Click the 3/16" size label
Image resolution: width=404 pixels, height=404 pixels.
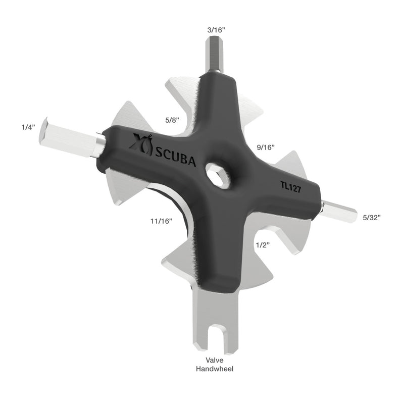(x=216, y=30)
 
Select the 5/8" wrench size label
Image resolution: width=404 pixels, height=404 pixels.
(x=173, y=121)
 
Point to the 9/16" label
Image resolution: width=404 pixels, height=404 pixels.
(x=265, y=147)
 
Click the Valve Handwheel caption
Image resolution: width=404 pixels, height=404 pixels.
(x=214, y=365)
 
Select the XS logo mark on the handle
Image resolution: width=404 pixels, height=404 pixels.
(x=138, y=143)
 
